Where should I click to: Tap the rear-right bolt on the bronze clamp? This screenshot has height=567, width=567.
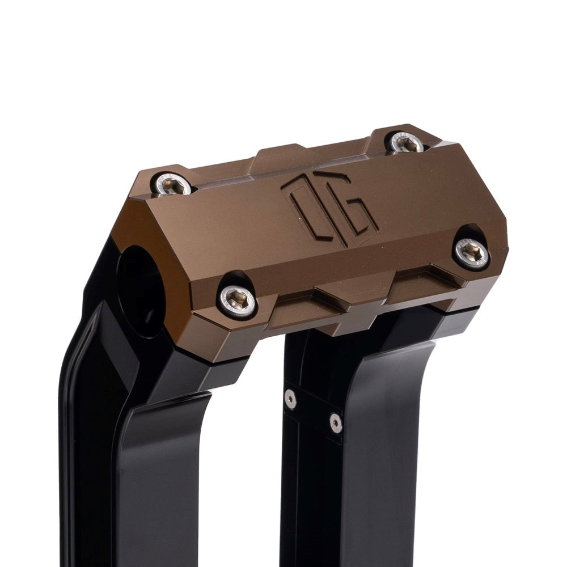coord(407,142)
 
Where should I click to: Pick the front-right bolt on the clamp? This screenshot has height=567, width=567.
coord(471,252)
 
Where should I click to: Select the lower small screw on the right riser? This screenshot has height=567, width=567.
coord(335,421)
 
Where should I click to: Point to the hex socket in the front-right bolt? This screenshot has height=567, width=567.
coord(472,252)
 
